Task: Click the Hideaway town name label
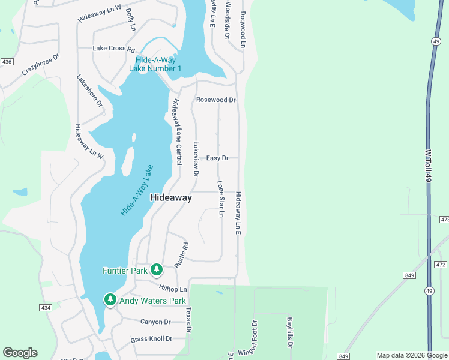(171, 197)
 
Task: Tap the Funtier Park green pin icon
(157, 270)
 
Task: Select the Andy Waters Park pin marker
(110, 299)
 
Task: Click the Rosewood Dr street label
(216, 100)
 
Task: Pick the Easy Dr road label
(217, 158)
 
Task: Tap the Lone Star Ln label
(221, 199)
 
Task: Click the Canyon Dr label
(155, 322)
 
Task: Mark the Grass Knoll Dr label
(151, 339)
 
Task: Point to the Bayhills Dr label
(289, 333)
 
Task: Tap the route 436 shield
(7, 62)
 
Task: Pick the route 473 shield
(444, 220)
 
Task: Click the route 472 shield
(441, 264)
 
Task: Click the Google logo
(20, 353)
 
